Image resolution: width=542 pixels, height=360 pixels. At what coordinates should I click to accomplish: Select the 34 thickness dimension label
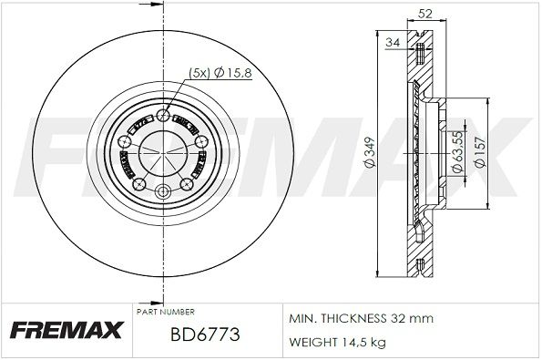pyautogui.click(x=393, y=42)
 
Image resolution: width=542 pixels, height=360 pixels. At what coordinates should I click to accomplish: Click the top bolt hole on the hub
pyautogui.click(x=163, y=115)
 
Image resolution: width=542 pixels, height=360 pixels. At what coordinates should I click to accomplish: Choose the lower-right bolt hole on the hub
pyautogui.click(x=186, y=184)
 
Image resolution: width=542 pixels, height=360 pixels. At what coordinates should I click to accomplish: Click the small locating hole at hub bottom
pyautogui.click(x=163, y=191)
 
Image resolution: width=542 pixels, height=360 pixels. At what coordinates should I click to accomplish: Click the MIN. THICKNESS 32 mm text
pyautogui.click(x=359, y=318)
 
